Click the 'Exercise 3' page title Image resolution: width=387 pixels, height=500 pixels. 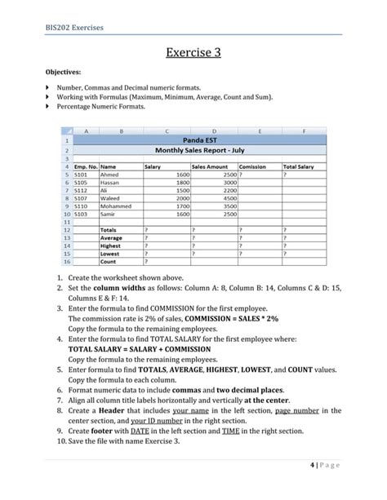pyautogui.click(x=193, y=55)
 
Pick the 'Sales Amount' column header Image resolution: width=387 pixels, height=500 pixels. pyautogui.click(x=208, y=166)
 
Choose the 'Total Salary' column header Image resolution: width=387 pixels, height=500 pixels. pyautogui.click(x=299, y=166)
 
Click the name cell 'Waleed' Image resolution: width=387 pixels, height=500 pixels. pyautogui.click(x=109, y=197)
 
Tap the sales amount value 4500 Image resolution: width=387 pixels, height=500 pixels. pyautogui.click(x=229, y=197)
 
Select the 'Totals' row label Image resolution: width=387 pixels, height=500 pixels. pyautogui.click(x=108, y=230)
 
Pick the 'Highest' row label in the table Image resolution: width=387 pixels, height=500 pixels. pyautogui.click(x=109, y=246)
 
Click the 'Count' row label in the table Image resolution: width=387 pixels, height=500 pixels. pyautogui.click(x=108, y=262)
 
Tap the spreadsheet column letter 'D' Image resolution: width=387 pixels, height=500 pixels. pyautogui.click(x=214, y=129)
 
